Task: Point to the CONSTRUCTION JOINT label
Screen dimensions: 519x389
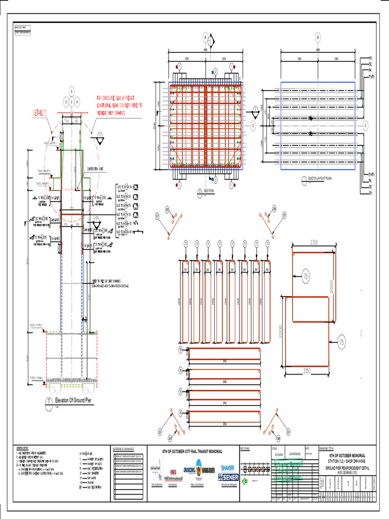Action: point(99,169)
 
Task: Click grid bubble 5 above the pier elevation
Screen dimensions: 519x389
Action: point(71,91)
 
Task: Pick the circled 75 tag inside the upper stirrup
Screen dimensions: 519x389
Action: point(306,276)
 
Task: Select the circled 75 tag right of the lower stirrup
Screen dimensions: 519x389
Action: point(342,342)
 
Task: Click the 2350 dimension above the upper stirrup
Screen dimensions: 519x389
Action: point(314,243)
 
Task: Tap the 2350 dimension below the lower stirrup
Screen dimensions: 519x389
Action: point(307,372)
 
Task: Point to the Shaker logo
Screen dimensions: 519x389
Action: point(227,467)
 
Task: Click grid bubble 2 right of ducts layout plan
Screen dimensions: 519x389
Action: point(365,125)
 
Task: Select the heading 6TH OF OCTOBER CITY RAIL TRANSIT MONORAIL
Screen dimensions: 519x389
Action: point(191,450)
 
